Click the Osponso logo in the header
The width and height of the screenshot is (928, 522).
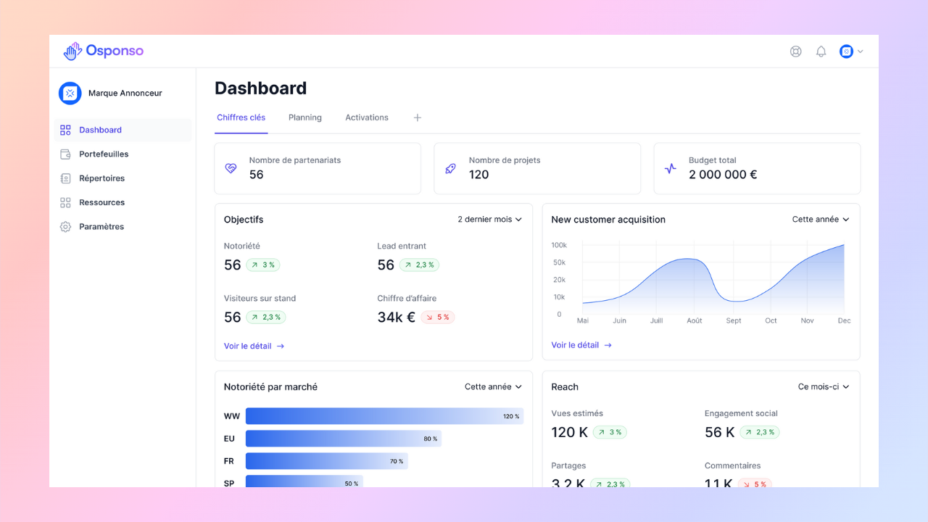click(104, 51)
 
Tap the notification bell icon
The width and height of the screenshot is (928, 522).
click(821, 51)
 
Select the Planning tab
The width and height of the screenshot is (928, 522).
click(305, 117)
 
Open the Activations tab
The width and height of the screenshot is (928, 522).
click(367, 117)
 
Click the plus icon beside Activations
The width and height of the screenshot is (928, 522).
click(417, 117)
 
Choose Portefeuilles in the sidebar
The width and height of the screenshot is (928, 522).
click(104, 154)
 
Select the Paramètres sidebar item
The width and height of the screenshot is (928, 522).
click(101, 227)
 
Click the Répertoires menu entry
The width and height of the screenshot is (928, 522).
click(102, 178)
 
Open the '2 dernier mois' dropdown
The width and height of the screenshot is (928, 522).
click(489, 219)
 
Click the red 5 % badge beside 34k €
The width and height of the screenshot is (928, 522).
click(438, 317)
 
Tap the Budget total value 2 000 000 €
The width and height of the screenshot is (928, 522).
click(723, 175)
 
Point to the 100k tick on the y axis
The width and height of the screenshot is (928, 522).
click(559, 245)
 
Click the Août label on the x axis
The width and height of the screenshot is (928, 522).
click(695, 320)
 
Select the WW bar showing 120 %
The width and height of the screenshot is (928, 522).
click(384, 416)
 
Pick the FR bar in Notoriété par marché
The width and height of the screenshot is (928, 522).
click(327, 461)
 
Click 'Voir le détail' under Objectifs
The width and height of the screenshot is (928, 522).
click(254, 346)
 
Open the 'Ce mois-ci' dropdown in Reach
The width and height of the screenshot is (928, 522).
click(824, 386)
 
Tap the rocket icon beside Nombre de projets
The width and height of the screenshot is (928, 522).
click(450, 169)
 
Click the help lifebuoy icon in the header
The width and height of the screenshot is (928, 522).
click(795, 51)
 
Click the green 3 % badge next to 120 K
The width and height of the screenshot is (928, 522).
click(610, 432)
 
